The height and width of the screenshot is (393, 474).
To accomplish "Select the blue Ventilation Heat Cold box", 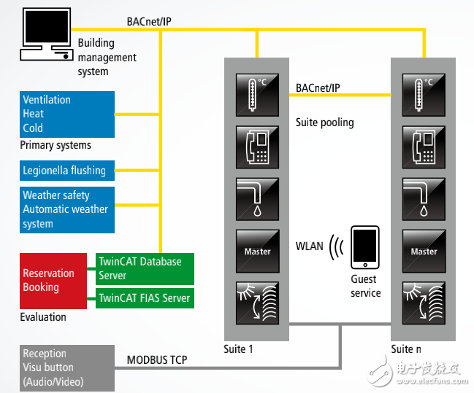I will click(68, 114).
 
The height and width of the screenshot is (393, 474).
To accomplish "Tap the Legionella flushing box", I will click(68, 171).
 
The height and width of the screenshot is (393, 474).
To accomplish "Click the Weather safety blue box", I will click(68, 209).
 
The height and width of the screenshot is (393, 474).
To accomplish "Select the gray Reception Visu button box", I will click(68, 367).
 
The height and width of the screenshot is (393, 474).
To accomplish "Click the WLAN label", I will click(309, 246).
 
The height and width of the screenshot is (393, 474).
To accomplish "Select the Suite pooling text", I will click(324, 122).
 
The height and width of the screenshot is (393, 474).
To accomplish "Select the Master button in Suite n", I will click(424, 251).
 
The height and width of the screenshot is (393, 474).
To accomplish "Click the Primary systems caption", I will click(56, 145).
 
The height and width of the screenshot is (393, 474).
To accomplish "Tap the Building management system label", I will click(107, 58).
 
